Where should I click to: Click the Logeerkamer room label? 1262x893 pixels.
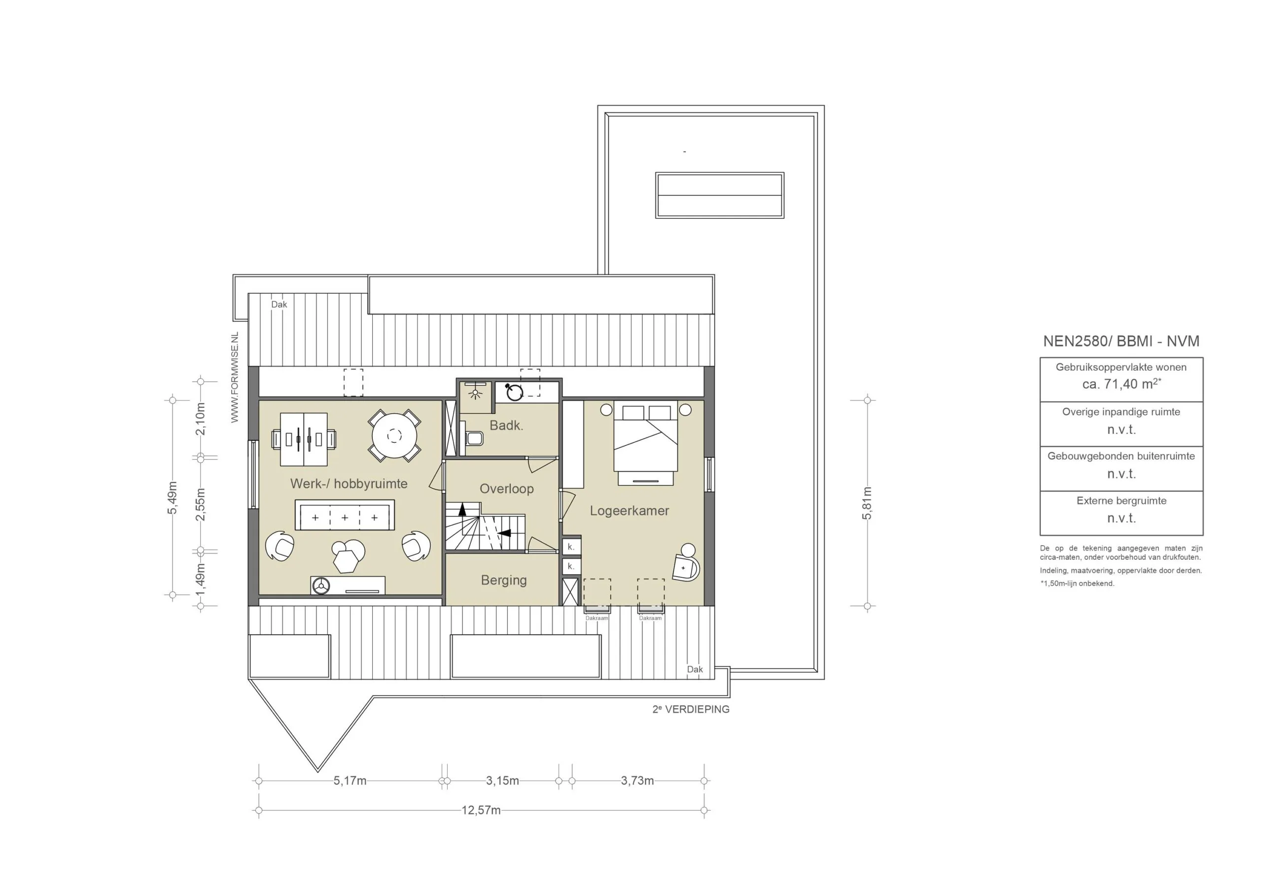coord(630,511)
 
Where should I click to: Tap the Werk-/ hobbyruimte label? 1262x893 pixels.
coord(349,484)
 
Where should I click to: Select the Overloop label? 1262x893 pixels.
coord(507,489)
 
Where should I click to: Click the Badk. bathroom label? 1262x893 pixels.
coord(506,425)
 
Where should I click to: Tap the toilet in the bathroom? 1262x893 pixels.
coord(473,438)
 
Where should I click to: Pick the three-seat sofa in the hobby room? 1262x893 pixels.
coord(345,515)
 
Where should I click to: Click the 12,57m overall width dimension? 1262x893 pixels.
coord(481,811)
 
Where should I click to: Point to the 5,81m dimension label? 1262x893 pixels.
coord(867,503)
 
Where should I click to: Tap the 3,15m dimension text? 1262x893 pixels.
coord(502,781)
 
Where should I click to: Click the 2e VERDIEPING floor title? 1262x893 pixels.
coord(691,710)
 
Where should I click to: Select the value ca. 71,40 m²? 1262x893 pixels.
coord(1122,384)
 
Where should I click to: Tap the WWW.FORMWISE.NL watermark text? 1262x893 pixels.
coord(235,377)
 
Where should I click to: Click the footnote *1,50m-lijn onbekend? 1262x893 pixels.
coord(1077,583)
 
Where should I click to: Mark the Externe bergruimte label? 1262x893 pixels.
coord(1122,501)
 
